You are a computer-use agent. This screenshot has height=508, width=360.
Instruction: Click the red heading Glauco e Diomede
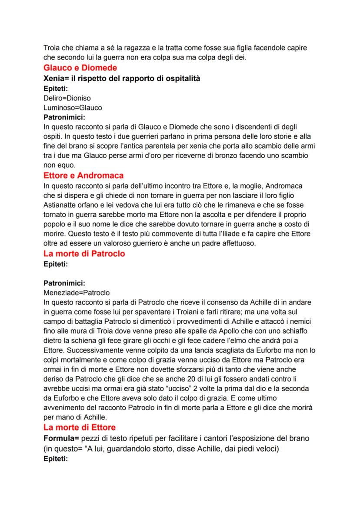[x=80, y=68]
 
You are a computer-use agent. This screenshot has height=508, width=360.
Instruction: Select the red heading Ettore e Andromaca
[x=83, y=176]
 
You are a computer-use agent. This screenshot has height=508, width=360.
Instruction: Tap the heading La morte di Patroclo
[x=84, y=254]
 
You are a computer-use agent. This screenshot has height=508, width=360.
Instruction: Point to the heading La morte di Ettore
[x=80, y=428]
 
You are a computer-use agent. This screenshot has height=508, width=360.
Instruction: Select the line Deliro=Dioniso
[x=67, y=98]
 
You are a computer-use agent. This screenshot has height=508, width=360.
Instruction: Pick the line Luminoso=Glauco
[x=73, y=107]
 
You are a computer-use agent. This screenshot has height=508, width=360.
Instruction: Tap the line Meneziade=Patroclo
[x=77, y=292]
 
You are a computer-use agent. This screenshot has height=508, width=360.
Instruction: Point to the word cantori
[x=204, y=438]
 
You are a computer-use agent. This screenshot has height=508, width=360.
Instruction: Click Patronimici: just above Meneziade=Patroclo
[x=65, y=283]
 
